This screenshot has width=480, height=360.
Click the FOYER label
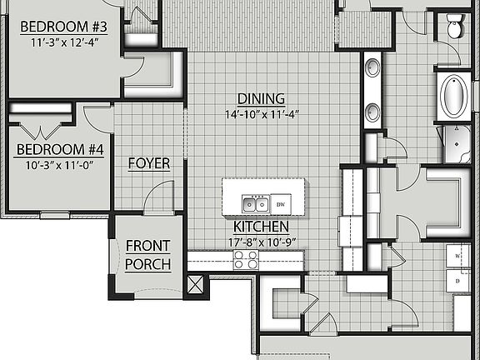(149, 163)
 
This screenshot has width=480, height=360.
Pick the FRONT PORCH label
(147, 255)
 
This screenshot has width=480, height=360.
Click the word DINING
(261, 98)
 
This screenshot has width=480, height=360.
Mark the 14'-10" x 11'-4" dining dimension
(261, 114)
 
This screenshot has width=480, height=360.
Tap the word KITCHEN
(261, 227)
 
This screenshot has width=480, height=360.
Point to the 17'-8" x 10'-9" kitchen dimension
(261, 242)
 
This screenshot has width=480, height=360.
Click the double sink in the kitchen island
(254, 204)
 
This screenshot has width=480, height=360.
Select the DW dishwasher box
(281, 204)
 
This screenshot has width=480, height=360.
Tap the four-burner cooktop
(245, 261)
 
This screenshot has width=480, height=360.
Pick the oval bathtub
(455, 97)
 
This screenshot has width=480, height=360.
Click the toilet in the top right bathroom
(456, 27)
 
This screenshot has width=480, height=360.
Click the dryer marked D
(457, 282)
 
